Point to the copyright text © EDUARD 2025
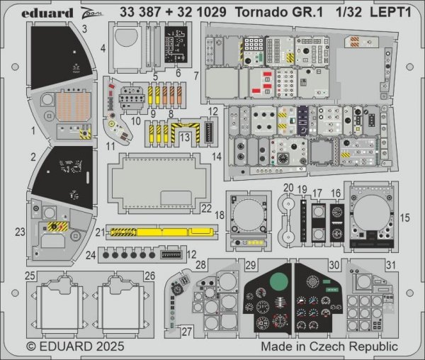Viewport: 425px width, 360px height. [x=76, y=348]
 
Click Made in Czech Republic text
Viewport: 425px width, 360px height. [x=329, y=348]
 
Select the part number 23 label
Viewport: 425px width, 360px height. [x=20, y=230]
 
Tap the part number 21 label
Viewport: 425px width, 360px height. [x=100, y=232]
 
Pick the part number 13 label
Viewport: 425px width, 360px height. [x=183, y=135]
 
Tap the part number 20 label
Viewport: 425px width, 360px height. [x=288, y=188]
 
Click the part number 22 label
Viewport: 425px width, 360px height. [x=206, y=208]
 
